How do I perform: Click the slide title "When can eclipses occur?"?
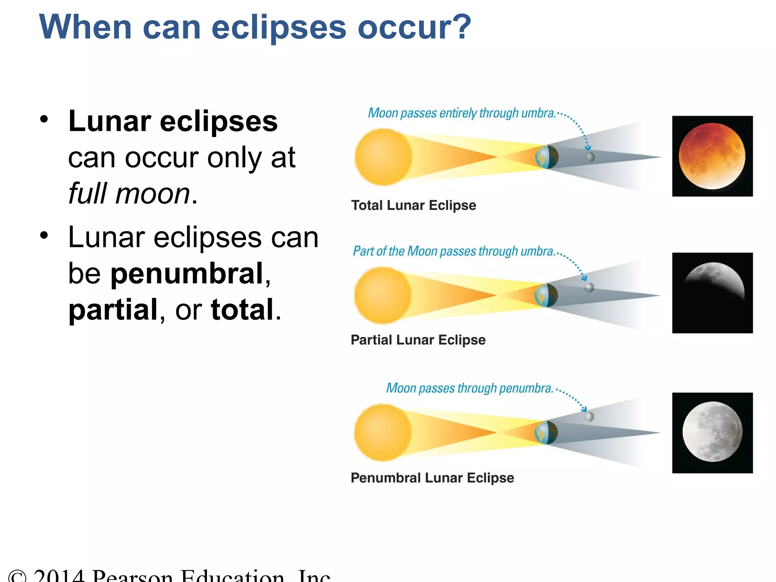[255, 27]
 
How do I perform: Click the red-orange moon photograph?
[712, 156]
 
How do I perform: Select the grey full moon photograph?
[712, 432]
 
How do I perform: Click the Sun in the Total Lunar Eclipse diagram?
[383, 157]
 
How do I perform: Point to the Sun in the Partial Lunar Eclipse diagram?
[383, 295]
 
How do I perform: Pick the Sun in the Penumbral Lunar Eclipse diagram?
[383, 432]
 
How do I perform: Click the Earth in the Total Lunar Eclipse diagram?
[546, 157]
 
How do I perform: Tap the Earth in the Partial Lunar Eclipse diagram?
[546, 295]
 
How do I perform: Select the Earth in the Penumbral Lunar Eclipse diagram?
[546, 432]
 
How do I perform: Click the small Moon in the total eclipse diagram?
[590, 157]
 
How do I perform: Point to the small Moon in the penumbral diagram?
[589, 417]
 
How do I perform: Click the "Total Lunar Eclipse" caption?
[413, 205]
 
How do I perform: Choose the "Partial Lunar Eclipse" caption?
[418, 340]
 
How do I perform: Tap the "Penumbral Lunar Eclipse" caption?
[432, 478]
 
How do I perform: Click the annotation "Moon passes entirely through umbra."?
[462, 113]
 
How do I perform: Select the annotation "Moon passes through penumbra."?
[469, 388]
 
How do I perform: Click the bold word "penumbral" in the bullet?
[187, 273]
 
